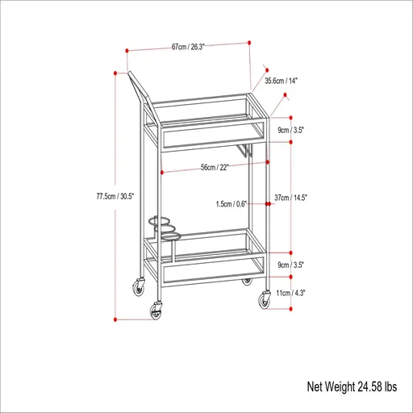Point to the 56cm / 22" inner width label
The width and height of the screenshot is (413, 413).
click(x=215, y=167)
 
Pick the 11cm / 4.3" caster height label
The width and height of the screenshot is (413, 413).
click(x=312, y=293)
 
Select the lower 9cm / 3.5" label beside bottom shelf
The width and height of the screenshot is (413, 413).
click(x=313, y=265)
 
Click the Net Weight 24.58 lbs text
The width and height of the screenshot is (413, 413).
click(x=352, y=387)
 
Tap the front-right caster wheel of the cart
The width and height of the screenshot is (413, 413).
click(x=264, y=300)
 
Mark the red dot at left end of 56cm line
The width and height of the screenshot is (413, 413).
click(x=163, y=173)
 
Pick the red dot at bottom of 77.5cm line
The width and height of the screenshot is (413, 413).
click(x=116, y=319)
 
